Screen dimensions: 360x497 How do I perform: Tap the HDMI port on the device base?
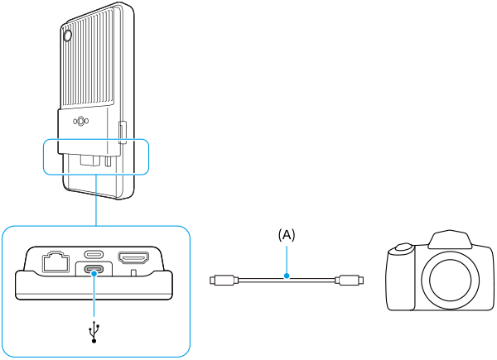(133, 257)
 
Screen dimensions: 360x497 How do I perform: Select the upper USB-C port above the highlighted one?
(94, 254)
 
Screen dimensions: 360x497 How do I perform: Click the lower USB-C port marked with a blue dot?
(94, 271)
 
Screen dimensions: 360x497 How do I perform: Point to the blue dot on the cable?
(287, 276)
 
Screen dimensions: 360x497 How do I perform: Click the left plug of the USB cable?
(224, 280)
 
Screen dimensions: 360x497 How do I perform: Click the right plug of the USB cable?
(349, 280)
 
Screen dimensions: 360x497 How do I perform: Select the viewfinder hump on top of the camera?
(449, 239)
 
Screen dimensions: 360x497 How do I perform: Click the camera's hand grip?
(402, 278)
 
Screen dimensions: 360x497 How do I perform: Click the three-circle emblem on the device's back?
(80, 121)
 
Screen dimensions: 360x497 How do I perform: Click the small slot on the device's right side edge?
(123, 132)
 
